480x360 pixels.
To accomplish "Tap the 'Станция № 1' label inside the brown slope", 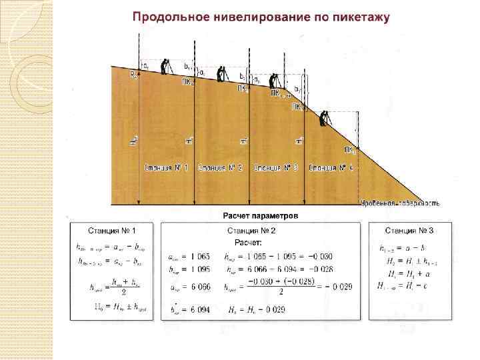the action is [x=166, y=167].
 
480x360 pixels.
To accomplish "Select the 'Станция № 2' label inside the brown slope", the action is [x=221, y=167].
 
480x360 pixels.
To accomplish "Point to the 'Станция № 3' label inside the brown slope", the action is [x=276, y=167].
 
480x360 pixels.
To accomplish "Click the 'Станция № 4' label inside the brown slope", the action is [x=331, y=167].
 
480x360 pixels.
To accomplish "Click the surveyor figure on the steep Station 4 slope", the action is [x=324, y=118].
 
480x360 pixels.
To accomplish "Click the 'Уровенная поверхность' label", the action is [x=399, y=201].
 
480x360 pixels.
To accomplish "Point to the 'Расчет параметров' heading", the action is [x=261, y=215].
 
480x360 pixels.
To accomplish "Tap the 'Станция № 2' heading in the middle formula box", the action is [x=260, y=231].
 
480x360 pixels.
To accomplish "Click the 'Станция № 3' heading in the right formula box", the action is [x=409, y=231].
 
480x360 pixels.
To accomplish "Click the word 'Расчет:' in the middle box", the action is [x=247, y=241].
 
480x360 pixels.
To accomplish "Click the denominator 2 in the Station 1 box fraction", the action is [x=125, y=292].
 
